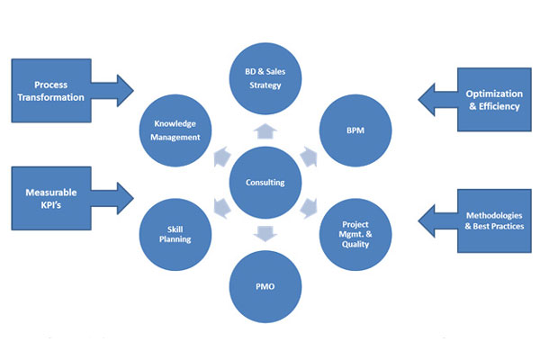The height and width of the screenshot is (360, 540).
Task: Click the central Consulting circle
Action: pos(266,182)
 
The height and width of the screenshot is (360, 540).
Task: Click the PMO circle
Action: pos(266,289)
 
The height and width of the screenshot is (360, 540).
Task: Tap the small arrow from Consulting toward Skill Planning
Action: pos(222,209)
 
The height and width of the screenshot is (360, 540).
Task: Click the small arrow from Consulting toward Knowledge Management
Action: pos(222,157)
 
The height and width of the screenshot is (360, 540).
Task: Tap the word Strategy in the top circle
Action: pos(266,86)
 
